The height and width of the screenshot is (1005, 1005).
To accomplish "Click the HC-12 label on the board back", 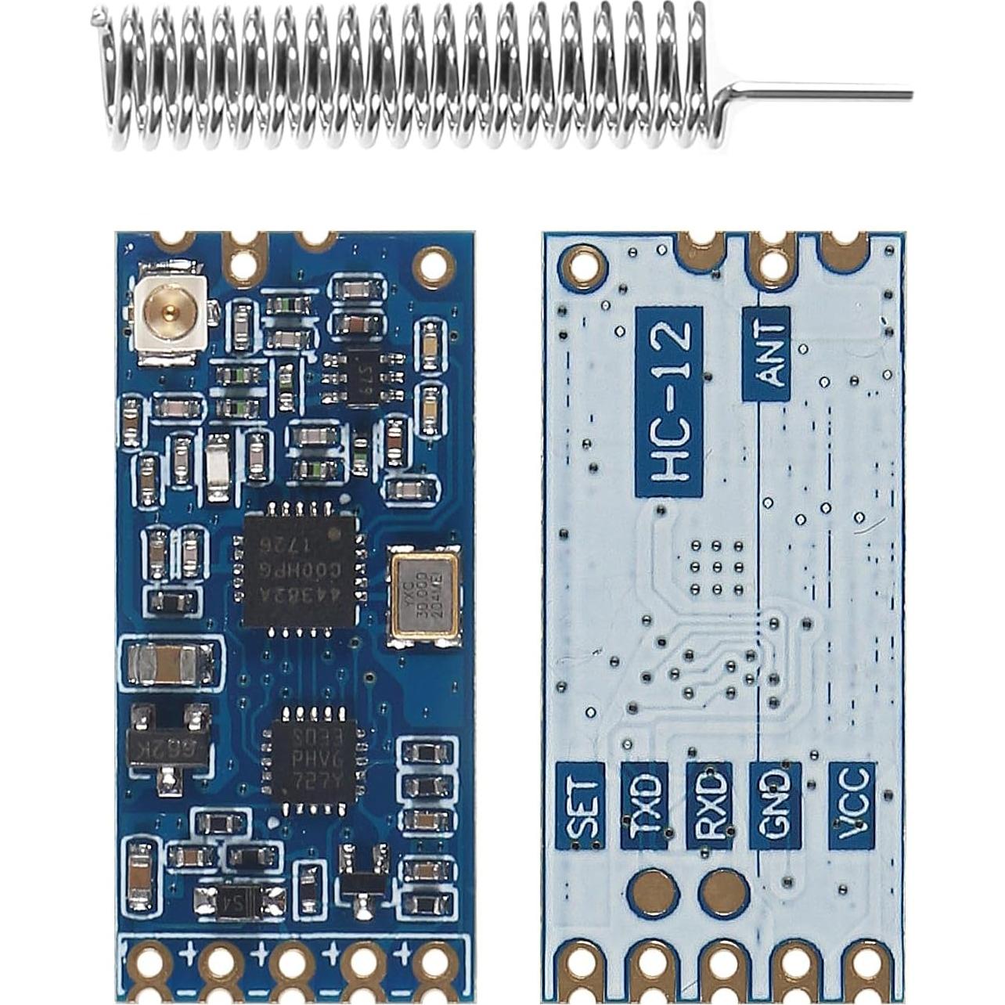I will (670, 402).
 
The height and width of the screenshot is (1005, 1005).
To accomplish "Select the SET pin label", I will (580, 806).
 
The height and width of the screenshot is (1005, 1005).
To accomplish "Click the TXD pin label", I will (645, 806).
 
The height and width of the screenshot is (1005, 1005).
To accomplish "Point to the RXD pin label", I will (710, 806).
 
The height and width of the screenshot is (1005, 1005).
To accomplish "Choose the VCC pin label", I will (852, 806).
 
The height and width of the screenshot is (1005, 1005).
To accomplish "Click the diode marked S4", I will (239, 904).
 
